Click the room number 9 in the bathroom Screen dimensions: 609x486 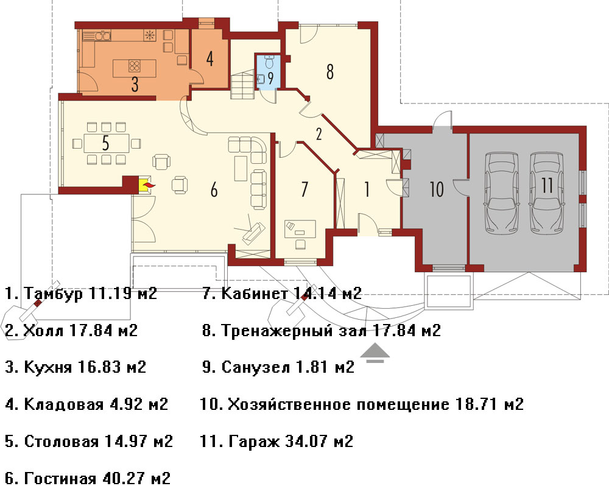pyautogui.click(x=271, y=78)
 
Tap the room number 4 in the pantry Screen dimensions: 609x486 pyautogui.click(x=209, y=58)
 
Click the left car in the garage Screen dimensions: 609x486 pyautogui.click(x=501, y=192)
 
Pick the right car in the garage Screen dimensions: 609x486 pyautogui.click(x=547, y=192)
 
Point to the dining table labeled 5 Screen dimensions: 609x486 pyautogui.click(x=106, y=143)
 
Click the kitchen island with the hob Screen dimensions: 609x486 pyautogui.click(x=135, y=68)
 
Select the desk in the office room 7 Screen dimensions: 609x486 pyautogui.click(x=300, y=229)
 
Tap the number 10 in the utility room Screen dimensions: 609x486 pyautogui.click(x=437, y=189)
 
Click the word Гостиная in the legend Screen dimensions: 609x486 pyautogui.click(x=60, y=478)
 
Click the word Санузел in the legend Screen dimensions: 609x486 pyautogui.click(x=255, y=367)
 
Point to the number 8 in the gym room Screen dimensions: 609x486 pyautogui.click(x=329, y=72)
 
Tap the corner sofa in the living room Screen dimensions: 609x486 pyautogui.click(x=247, y=150)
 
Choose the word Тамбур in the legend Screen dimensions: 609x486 pyautogui.click(x=53, y=293)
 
